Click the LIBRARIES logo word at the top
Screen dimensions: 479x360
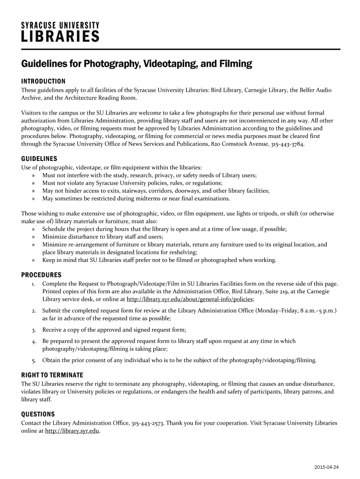[60, 36]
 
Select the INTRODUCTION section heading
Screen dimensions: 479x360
[43, 81]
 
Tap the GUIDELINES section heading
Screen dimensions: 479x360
[39, 159]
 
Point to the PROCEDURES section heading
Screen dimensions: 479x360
[42, 275]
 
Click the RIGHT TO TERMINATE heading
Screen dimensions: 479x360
[52, 375]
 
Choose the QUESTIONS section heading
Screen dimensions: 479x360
[38, 414]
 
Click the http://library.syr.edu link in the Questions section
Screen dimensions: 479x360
[72, 431]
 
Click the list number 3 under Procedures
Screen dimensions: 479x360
[34, 330]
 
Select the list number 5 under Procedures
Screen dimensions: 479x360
[34, 361]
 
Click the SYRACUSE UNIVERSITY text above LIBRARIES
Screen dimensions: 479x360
[60, 24]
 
